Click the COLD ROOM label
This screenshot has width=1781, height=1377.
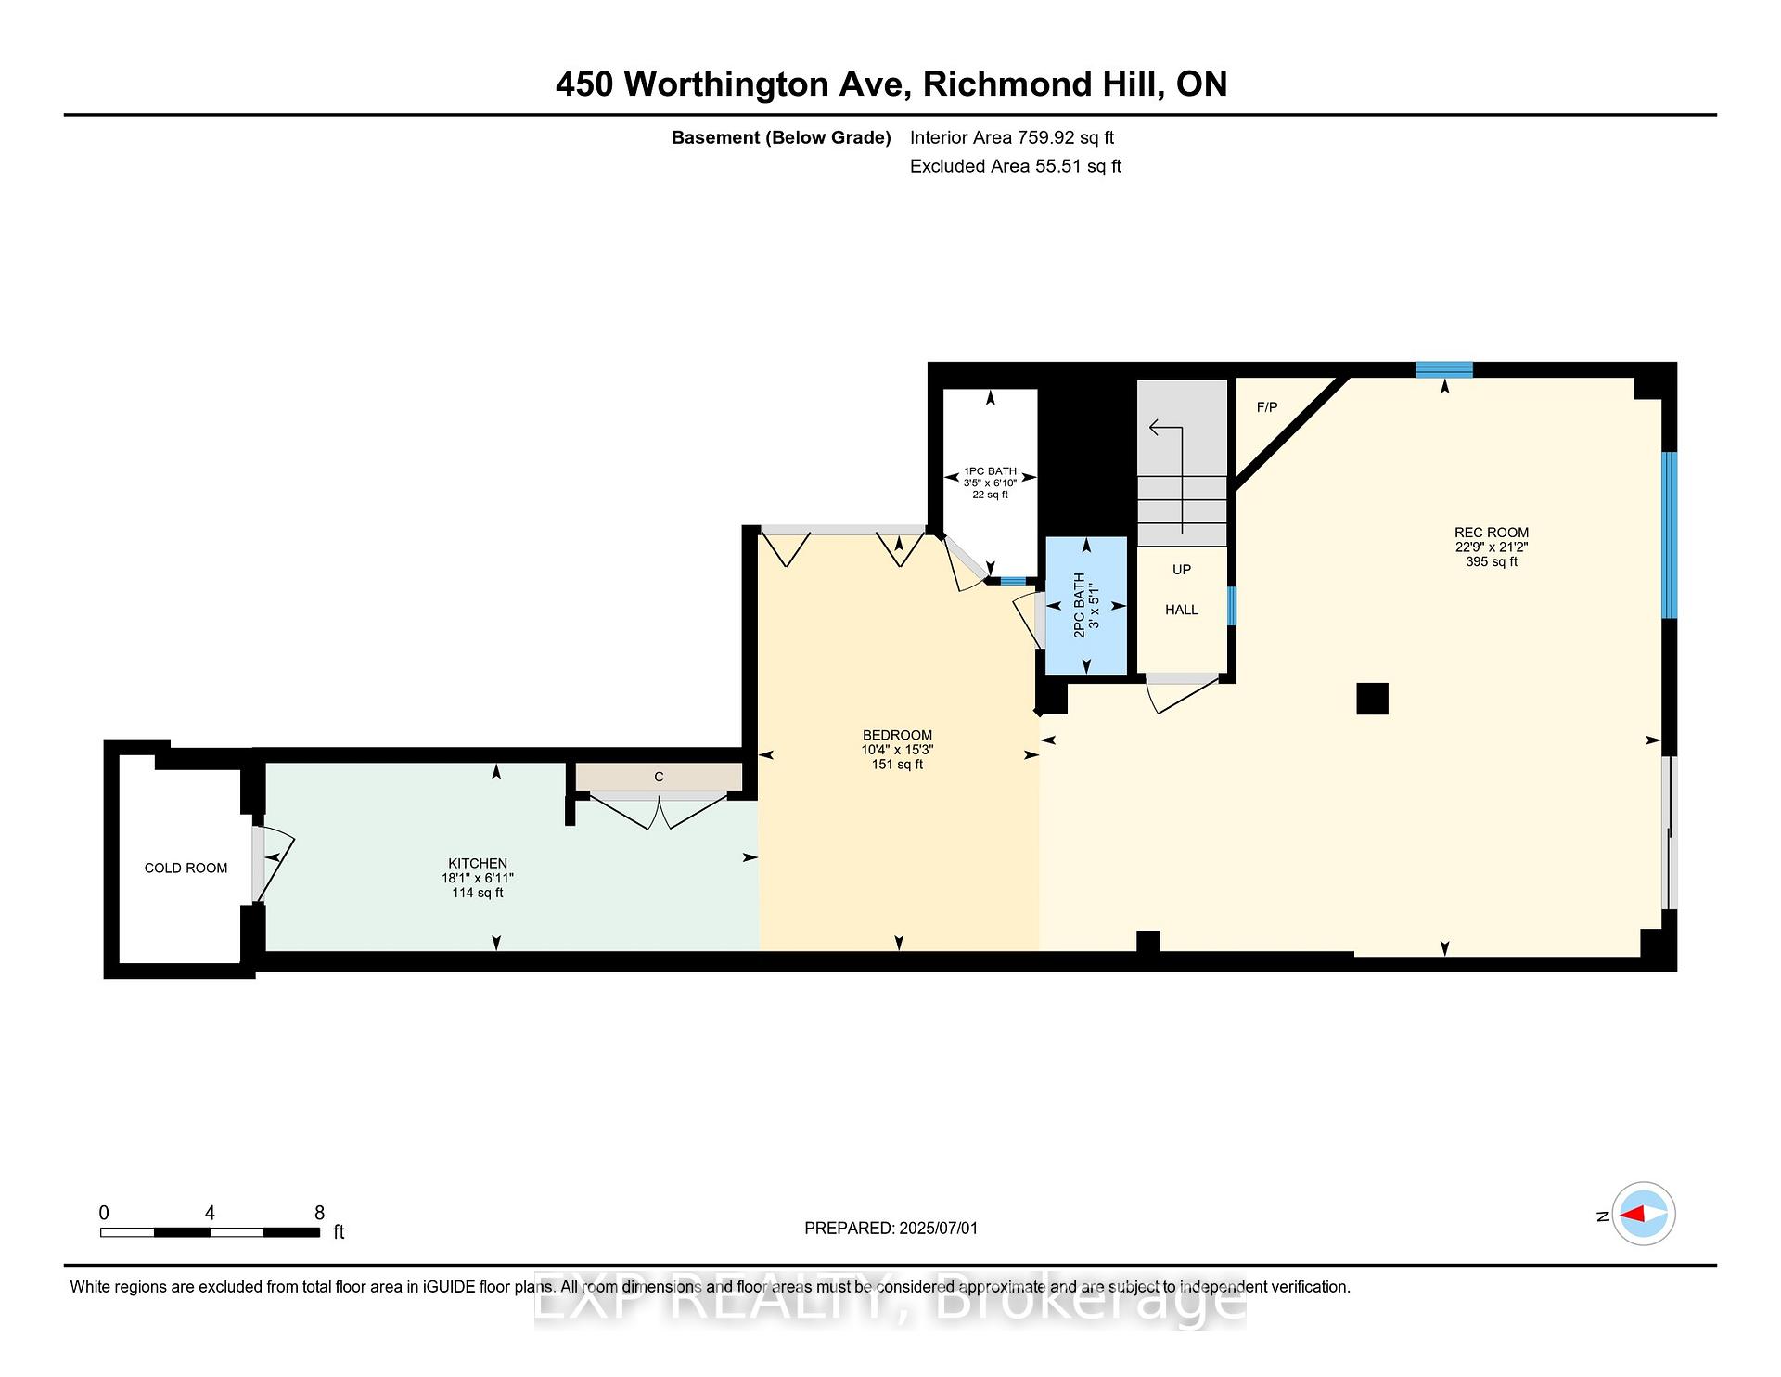click(x=186, y=869)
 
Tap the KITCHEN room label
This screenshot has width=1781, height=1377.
click(x=478, y=864)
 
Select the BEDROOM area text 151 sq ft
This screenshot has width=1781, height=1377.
click(x=897, y=765)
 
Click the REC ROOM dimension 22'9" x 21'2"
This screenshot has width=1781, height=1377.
click(x=1491, y=547)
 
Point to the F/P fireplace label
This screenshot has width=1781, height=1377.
click(x=1266, y=407)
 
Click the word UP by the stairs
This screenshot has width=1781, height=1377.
click(x=1181, y=570)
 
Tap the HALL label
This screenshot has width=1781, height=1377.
click(x=1181, y=610)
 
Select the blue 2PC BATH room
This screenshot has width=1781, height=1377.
click(x=1086, y=605)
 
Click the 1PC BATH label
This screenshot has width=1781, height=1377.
click(x=990, y=471)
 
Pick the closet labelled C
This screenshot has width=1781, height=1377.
click(x=659, y=777)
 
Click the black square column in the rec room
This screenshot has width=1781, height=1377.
click(x=1372, y=699)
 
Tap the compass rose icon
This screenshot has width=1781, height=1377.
click(x=1643, y=1214)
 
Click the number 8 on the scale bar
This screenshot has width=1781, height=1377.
click(x=319, y=1213)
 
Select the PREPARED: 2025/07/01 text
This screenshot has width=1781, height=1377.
click(x=890, y=1229)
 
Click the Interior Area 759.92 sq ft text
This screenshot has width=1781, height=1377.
click(x=1011, y=137)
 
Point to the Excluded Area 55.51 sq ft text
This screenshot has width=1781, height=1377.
click(x=1015, y=166)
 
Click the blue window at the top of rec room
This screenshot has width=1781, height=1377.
click(x=1443, y=369)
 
